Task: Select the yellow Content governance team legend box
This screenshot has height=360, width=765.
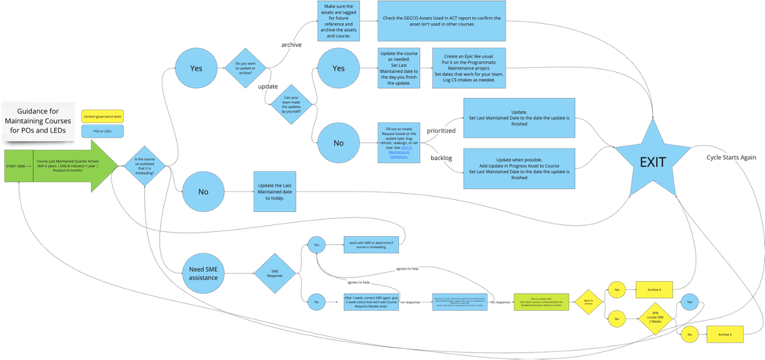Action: [x=102, y=116]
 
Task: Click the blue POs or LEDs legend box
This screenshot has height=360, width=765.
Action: [x=102, y=131]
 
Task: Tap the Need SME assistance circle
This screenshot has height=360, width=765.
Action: [x=204, y=273]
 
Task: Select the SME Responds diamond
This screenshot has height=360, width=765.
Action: [x=275, y=273]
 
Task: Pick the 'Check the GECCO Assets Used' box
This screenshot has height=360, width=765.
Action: [x=442, y=21]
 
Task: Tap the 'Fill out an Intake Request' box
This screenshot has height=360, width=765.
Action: [x=399, y=143]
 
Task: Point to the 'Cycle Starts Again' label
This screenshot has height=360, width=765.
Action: [x=732, y=157]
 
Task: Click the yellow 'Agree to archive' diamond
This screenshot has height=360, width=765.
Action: [x=588, y=302]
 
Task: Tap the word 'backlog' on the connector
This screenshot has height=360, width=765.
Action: [x=441, y=158]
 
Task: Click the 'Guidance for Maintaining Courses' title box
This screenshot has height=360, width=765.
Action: [x=38, y=121]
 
